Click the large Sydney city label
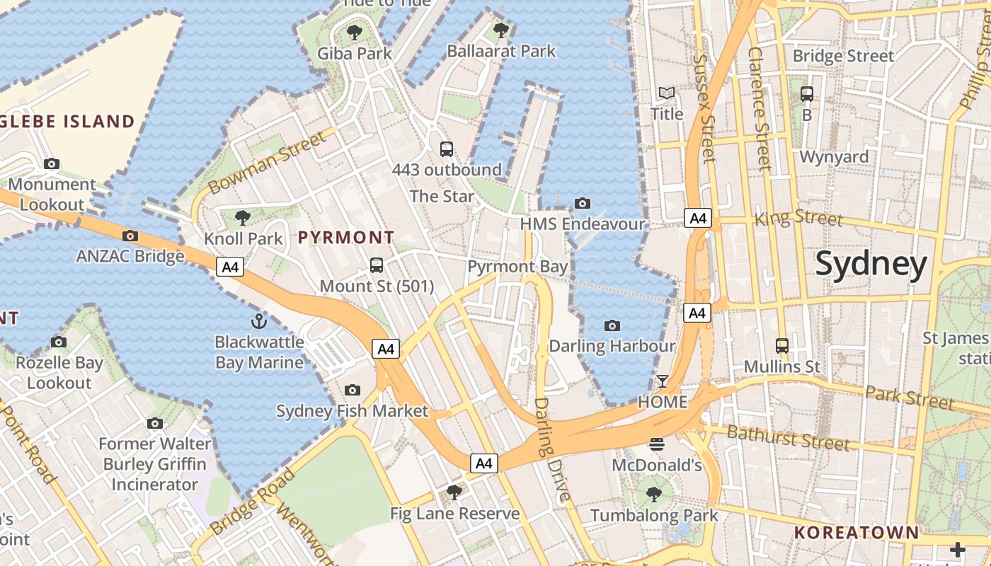click(871, 265)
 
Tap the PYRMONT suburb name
click(346, 238)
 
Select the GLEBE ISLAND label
click(67, 122)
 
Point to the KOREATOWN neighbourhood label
click(856, 532)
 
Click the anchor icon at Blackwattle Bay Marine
click(259, 321)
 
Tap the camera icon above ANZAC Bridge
click(130, 236)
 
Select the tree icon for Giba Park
click(355, 33)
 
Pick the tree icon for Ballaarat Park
click(501, 30)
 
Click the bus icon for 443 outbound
click(447, 149)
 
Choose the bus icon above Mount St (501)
click(377, 265)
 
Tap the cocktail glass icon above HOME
click(662, 381)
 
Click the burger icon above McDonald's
click(657, 444)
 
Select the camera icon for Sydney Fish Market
click(352, 391)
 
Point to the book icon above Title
click(667, 93)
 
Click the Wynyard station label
click(834, 156)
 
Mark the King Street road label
click(798, 217)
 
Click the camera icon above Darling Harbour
click(612, 325)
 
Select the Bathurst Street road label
click(788, 438)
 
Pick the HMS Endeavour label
click(583, 224)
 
